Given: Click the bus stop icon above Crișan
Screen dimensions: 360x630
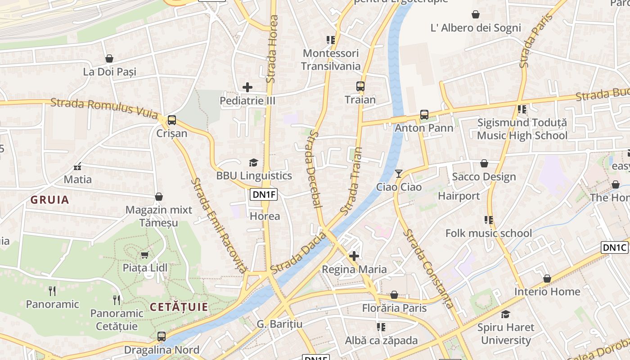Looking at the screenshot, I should pyautogui.click(x=171, y=120).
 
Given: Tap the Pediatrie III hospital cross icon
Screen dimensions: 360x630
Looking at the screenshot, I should pyautogui.click(x=247, y=87).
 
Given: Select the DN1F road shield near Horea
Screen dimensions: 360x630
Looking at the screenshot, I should pyautogui.click(x=264, y=194).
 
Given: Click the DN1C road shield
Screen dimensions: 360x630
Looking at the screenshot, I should pyautogui.click(x=614, y=247).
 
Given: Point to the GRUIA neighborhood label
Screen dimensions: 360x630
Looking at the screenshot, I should pyautogui.click(x=50, y=200).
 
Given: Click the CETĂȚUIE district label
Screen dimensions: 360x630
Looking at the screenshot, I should pyautogui.click(x=179, y=307).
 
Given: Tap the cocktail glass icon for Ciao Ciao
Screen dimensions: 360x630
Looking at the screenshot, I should pyautogui.click(x=399, y=173).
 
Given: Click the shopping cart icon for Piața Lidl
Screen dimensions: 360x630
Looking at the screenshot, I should pyautogui.click(x=144, y=255).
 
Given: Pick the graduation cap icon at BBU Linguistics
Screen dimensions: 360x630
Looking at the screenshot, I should pyautogui.click(x=254, y=162).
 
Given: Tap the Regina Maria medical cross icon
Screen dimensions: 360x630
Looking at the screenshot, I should pyautogui.click(x=354, y=256).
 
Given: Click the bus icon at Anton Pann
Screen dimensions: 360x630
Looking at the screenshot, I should pyautogui.click(x=424, y=115).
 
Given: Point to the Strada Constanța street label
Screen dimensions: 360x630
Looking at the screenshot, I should pyautogui.click(x=428, y=269).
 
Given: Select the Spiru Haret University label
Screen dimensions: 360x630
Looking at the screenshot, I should pyautogui.click(x=506, y=333).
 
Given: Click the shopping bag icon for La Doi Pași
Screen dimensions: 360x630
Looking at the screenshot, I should pyautogui.click(x=109, y=58).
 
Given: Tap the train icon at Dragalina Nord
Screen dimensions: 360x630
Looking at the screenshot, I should pyautogui.click(x=161, y=336).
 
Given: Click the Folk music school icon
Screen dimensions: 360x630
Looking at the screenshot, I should pyautogui.click(x=488, y=220).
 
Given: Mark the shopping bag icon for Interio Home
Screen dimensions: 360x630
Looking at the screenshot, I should pyautogui.click(x=547, y=279).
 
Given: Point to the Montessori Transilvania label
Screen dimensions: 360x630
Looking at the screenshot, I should pyautogui.click(x=331, y=59).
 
